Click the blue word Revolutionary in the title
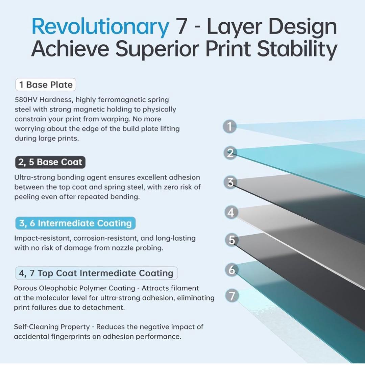pos(100,27)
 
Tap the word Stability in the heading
pos(297,50)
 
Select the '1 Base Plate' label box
pos(46,85)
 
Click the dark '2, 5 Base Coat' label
pos(50,162)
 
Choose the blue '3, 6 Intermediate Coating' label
pos(75,223)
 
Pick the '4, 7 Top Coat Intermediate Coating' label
pos(96,273)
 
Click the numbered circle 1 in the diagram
pos(230,127)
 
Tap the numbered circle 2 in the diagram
pos(230,153)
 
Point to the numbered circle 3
pos(230,182)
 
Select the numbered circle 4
pos(231,212)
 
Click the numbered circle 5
pos(232,240)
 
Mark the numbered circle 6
pos(232,270)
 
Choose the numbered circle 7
pos(232,296)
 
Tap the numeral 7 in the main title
pos(182,27)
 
